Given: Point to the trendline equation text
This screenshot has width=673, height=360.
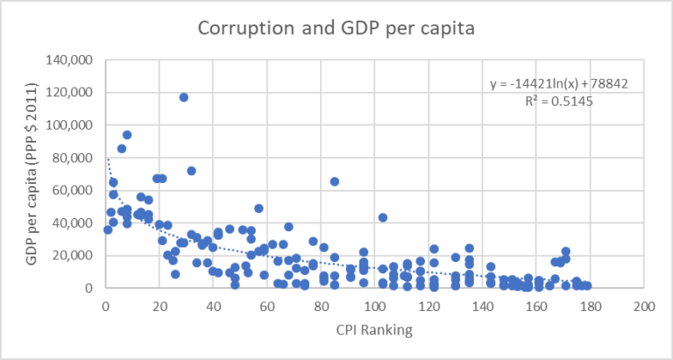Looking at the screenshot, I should point(559,83).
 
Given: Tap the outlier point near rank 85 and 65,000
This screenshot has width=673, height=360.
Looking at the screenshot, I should point(335,181).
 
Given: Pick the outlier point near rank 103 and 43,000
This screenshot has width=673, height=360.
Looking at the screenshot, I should point(383,217).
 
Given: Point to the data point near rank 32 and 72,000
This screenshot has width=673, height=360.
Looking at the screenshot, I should point(192,171).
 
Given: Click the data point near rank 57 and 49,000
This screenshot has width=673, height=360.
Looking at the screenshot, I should point(259,208).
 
